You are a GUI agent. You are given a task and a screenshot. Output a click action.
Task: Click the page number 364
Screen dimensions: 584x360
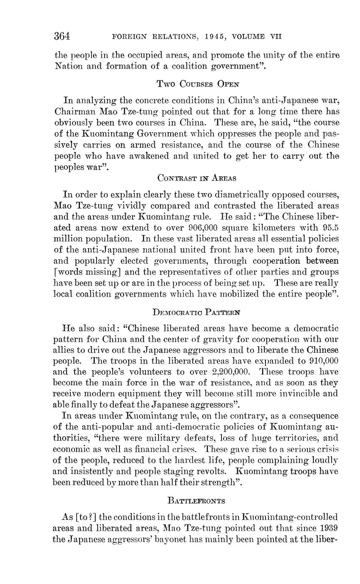coord(62,36)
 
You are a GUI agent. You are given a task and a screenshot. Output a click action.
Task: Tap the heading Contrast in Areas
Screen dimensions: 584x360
coord(197,178)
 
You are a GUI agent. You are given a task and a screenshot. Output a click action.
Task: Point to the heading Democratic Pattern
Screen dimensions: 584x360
coord(196,313)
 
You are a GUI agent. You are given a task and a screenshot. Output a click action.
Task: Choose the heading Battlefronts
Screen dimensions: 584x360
coord(196,501)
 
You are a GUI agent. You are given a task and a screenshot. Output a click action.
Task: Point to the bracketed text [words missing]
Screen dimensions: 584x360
coord(87,272)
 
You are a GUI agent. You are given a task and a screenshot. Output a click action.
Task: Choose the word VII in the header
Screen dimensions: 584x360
coord(276,37)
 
